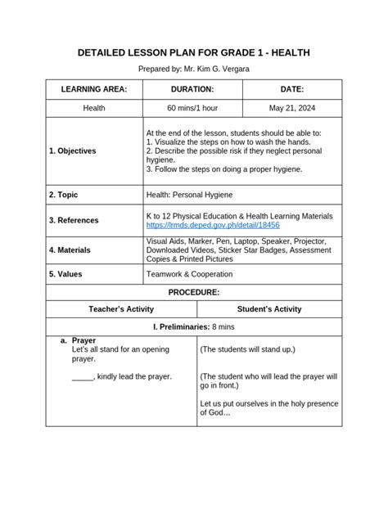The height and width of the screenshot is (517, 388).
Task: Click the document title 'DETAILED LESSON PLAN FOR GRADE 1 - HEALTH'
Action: pos(194,53)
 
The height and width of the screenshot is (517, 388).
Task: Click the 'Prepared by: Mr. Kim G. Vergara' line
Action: pos(194,70)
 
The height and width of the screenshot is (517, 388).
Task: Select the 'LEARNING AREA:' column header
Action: pos(94,89)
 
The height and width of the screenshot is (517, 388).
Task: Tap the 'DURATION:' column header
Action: pos(192,89)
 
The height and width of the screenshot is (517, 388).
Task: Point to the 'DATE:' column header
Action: pos(291,89)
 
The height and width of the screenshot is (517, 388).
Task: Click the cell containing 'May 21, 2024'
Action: pos(291,108)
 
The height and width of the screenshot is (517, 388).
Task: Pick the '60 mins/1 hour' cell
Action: pos(192,108)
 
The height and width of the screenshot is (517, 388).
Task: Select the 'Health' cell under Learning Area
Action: pos(94,108)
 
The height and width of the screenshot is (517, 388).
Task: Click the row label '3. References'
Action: pos(74,220)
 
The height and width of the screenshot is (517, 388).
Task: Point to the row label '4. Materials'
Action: pos(70,250)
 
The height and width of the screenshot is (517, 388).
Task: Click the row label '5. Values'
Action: pos(65,274)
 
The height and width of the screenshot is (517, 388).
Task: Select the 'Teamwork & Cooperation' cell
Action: pos(189,274)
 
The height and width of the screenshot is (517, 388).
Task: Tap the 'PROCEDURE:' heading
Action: pos(194,292)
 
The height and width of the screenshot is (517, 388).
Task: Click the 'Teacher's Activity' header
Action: pos(121,309)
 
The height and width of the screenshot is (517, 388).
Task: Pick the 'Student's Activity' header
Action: pos(269,309)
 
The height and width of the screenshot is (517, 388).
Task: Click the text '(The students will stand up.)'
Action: pos(248,349)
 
